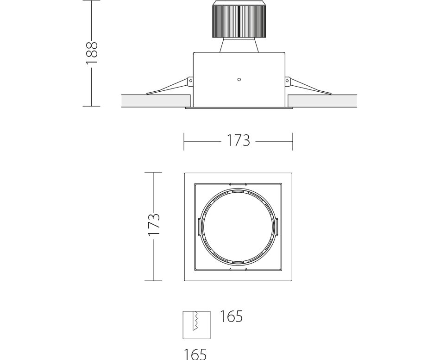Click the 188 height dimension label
[x=92, y=53]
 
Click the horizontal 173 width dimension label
[x=238, y=140]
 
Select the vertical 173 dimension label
[x=154, y=224]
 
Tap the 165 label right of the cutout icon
[x=231, y=316]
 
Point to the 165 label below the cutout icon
[x=195, y=354]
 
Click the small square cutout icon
[x=196, y=325]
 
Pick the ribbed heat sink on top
[x=239, y=19]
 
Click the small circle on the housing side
[x=239, y=80]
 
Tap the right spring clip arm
[x=310, y=87]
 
